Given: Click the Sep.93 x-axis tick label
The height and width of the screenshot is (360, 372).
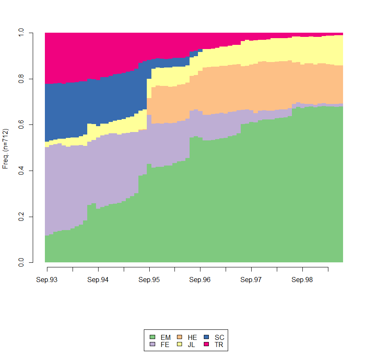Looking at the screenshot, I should [x=47, y=280].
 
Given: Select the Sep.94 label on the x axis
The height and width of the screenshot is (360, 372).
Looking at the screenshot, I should [x=98, y=280].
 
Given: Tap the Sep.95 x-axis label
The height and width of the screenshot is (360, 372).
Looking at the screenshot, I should [x=149, y=280].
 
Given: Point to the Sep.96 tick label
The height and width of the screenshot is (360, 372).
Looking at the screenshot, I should [x=200, y=280].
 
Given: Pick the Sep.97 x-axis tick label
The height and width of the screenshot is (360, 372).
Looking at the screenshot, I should [x=251, y=280].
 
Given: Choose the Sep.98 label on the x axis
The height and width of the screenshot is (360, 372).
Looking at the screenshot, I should [x=302, y=280].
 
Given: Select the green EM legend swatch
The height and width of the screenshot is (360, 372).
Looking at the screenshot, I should [x=153, y=337].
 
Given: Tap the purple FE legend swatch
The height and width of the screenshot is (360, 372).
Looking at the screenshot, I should [x=153, y=344].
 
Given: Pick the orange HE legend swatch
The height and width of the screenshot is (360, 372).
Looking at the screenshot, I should [x=179, y=337].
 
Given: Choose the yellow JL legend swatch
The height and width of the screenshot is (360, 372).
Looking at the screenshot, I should [x=179, y=344].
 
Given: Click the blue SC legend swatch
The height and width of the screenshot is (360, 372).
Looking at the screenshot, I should [x=206, y=337].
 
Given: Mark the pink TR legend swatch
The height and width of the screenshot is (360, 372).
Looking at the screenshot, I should [x=206, y=344].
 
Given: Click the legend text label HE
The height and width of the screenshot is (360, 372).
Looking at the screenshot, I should [x=192, y=337].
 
